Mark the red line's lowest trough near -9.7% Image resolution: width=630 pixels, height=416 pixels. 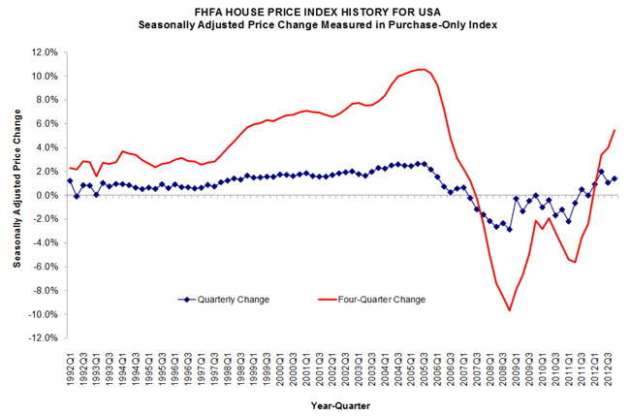(x=510, y=310)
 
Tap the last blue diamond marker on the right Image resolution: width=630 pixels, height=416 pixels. (x=614, y=178)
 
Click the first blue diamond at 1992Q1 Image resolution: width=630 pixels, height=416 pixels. (x=70, y=180)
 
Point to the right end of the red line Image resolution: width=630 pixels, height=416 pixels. (x=614, y=130)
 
